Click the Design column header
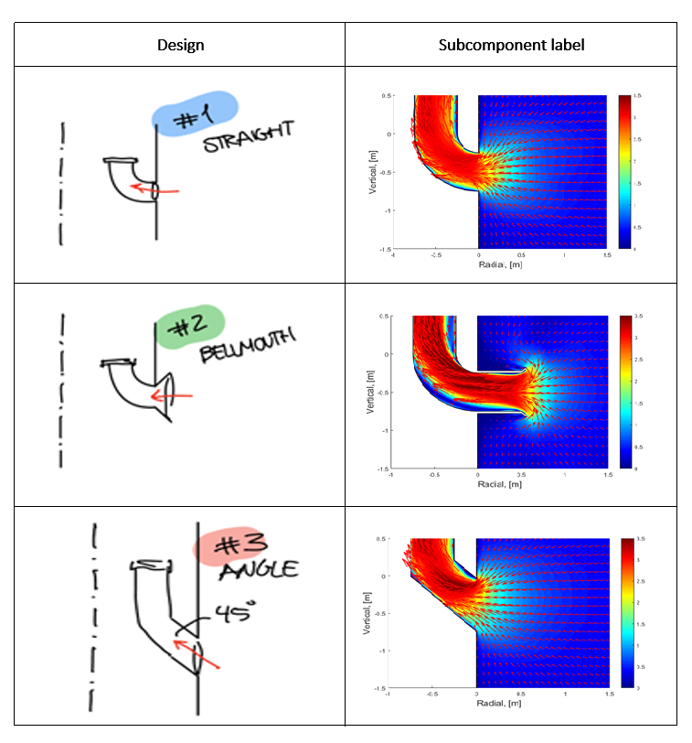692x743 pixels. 180,45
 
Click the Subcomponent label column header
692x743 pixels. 511,45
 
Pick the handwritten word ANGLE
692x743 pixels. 259,571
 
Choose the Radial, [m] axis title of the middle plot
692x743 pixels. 495,485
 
